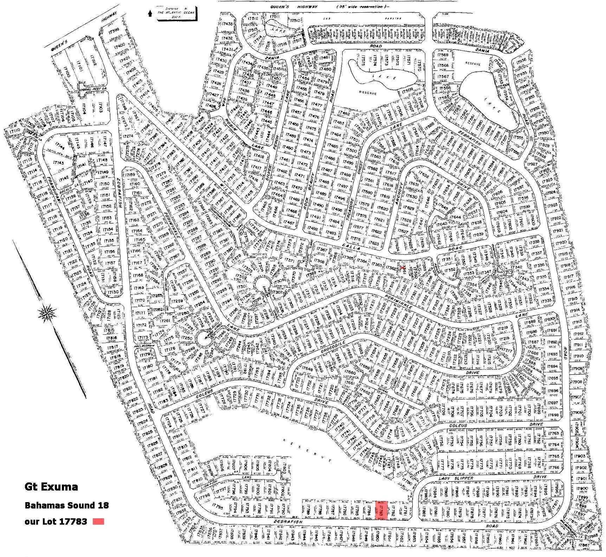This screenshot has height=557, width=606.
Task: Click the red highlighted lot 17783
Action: tap(382, 510)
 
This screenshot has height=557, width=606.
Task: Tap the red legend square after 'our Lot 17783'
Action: tap(98, 521)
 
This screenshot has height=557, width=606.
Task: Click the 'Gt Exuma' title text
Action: tap(51, 487)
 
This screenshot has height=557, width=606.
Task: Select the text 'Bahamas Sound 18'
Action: tap(66, 505)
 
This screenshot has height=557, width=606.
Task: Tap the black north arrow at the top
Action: tap(150, 13)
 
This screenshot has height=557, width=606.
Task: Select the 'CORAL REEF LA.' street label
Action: tap(93, 89)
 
